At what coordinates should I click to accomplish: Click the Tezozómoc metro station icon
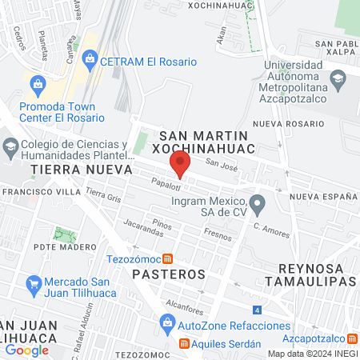(167, 258)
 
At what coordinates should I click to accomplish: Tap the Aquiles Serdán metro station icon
(184, 344)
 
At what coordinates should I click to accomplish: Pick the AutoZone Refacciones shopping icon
(166, 326)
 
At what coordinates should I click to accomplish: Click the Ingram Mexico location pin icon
(257, 205)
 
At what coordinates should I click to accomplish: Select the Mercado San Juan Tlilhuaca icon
(33, 283)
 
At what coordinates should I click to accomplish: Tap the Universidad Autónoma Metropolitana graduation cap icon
(338, 78)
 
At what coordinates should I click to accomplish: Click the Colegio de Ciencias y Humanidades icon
(10, 146)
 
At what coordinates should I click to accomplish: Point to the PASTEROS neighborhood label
(165, 274)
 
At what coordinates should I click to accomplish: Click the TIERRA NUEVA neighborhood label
(70, 170)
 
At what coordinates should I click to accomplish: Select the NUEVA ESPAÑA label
(324, 196)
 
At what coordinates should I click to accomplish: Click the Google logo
(26, 350)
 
